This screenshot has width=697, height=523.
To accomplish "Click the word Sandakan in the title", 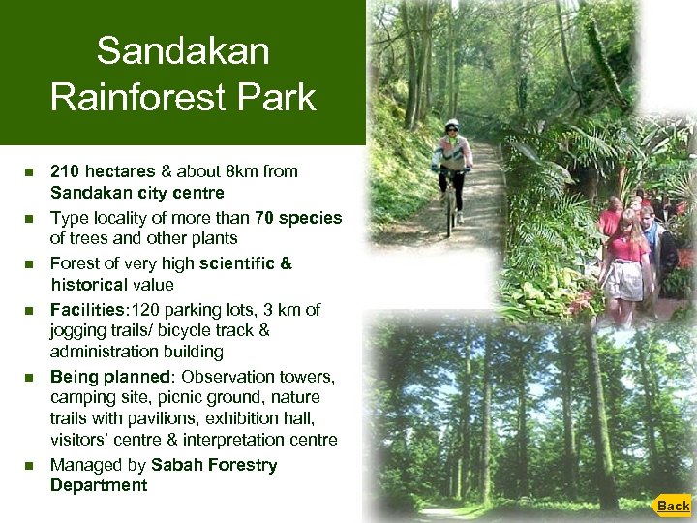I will tap(183, 50).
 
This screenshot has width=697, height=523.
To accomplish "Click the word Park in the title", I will tap(275, 97).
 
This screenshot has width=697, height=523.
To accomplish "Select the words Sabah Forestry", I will tap(213, 465).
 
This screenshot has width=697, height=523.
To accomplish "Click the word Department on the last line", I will tap(99, 485).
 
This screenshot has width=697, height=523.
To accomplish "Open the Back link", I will tap(673, 506).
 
